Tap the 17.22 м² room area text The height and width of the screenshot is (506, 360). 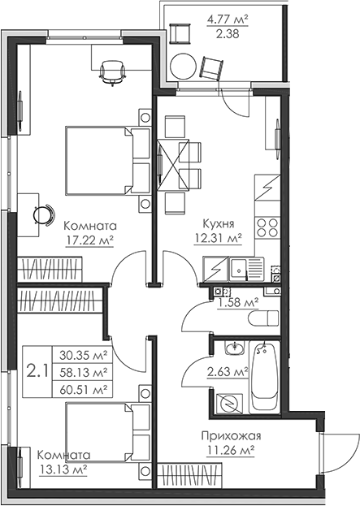point(89,240)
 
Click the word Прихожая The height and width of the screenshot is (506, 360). point(230,436)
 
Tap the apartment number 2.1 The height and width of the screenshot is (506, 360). point(37,372)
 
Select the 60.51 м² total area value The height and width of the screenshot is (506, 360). point(85,390)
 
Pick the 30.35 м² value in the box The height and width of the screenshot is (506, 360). point(85,354)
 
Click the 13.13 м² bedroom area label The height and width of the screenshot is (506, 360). point(58,469)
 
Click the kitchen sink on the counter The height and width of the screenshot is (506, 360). point(239,266)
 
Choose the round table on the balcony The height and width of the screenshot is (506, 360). point(185,66)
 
